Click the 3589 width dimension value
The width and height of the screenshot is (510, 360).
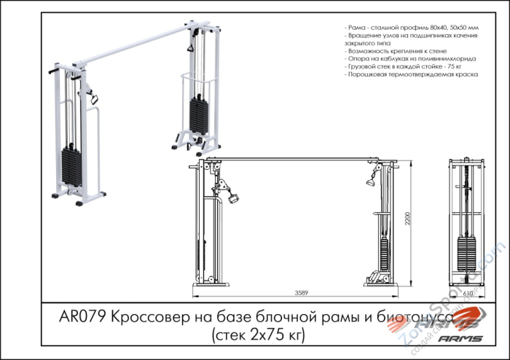[299, 293]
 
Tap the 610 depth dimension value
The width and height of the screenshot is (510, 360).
[466, 294]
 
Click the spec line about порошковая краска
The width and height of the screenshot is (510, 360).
[412, 74]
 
